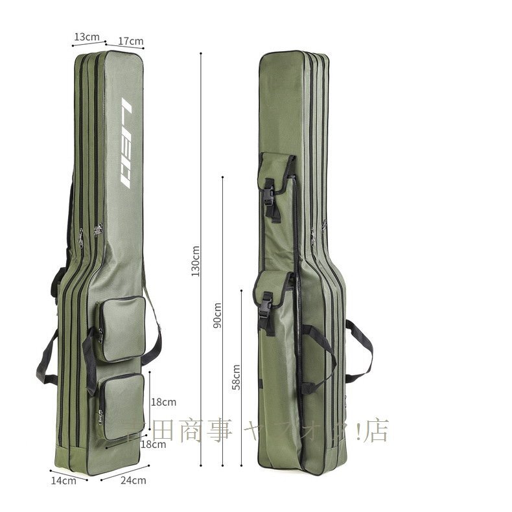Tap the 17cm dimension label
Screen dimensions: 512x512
tap(132, 41)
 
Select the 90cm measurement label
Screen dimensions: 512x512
tap(218, 315)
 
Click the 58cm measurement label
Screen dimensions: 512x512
tap(237, 376)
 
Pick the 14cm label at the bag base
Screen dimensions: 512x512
tap(64, 480)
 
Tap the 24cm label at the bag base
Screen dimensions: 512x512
tap(133, 480)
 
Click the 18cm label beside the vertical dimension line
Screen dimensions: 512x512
tap(163, 402)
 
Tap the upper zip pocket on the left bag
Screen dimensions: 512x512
tap(121, 329)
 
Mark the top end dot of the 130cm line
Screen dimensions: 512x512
tap(201, 53)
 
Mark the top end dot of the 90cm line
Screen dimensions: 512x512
tap(222, 176)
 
